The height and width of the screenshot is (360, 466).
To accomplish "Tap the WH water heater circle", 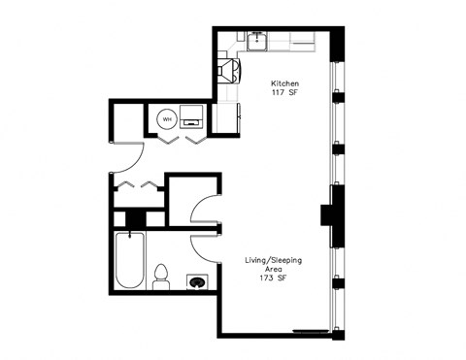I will coord(166,119).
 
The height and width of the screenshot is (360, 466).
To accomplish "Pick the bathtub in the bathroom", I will coord(129,262).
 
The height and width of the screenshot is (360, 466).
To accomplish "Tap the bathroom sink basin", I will coord(197,281).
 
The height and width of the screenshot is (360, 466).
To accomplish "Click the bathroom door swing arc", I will coord(203,247).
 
